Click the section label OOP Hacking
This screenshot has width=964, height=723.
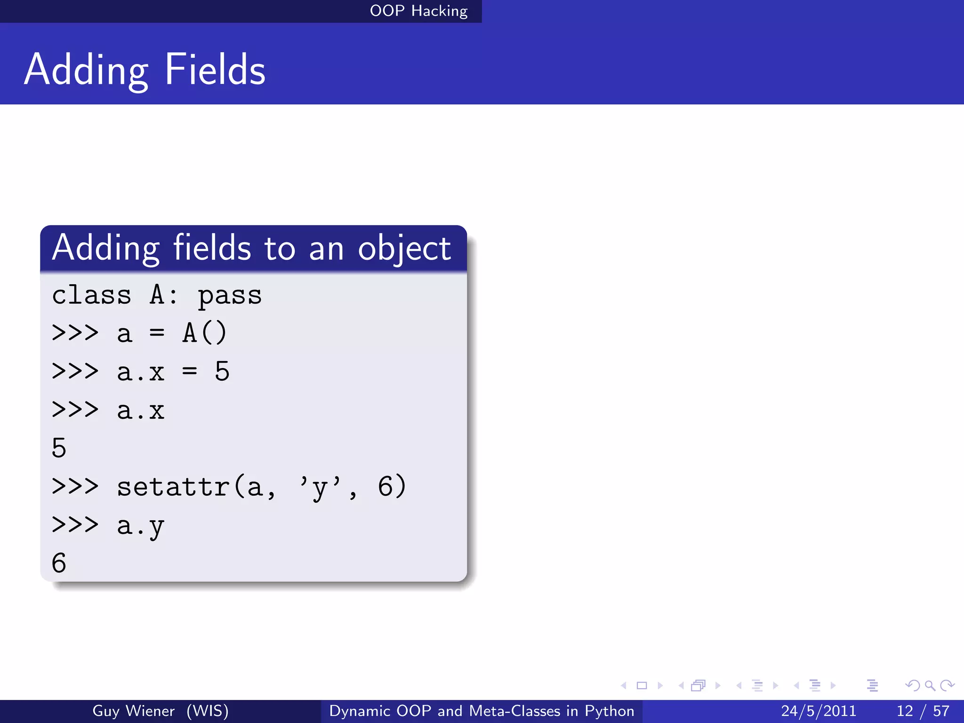point(418,11)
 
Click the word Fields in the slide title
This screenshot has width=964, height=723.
point(215,70)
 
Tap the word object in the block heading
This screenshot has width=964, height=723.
point(404,249)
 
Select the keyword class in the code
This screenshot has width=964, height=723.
point(91,296)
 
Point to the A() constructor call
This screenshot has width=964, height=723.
point(205,333)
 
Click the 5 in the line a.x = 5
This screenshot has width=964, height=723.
point(222,371)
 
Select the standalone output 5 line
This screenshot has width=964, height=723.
point(59,448)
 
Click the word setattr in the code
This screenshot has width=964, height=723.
point(173,486)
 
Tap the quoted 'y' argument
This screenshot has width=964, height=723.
point(320,487)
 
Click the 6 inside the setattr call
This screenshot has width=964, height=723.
point(385,486)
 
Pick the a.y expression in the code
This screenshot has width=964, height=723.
point(140,526)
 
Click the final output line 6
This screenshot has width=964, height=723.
point(59,563)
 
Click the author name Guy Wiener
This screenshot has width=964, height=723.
point(133,711)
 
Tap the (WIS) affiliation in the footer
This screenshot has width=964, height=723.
point(207,711)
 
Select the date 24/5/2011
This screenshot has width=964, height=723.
point(819,711)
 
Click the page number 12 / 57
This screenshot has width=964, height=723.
point(923,711)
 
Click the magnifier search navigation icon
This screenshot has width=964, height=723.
point(930,685)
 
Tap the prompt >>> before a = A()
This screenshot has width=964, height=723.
point(75,333)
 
